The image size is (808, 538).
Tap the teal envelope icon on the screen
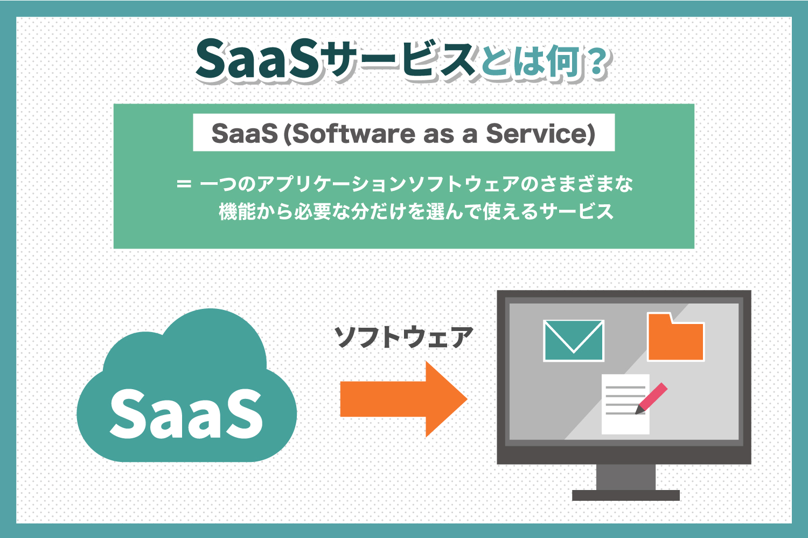pos(574,341)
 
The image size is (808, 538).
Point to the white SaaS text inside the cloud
pos(186,412)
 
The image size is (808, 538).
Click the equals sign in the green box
pos(184,184)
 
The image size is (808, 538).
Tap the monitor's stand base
pos(625,495)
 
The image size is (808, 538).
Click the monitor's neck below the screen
pos(625,477)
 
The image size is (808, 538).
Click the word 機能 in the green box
pos(238,212)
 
